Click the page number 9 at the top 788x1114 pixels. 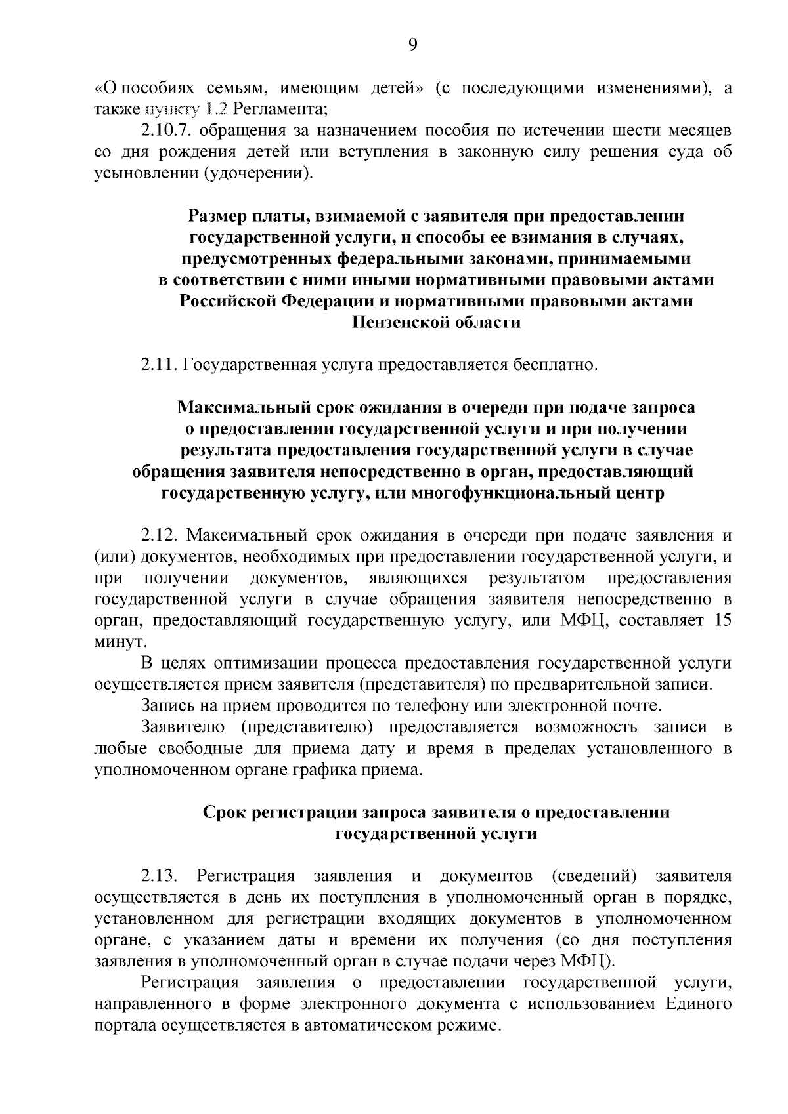pyautogui.click(x=412, y=44)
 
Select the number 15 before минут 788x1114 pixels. pyautogui.click(x=722, y=620)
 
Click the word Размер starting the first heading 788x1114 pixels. pyautogui.click(x=221, y=215)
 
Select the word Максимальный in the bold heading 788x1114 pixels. pyautogui.click(x=250, y=407)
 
